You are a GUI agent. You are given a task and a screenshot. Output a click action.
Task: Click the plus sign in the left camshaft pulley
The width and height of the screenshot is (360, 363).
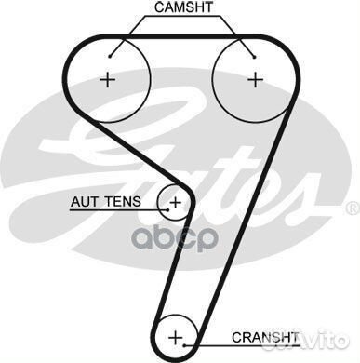pos(109,80)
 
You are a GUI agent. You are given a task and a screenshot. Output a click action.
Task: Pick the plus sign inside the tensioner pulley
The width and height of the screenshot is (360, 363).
pos(175,200)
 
